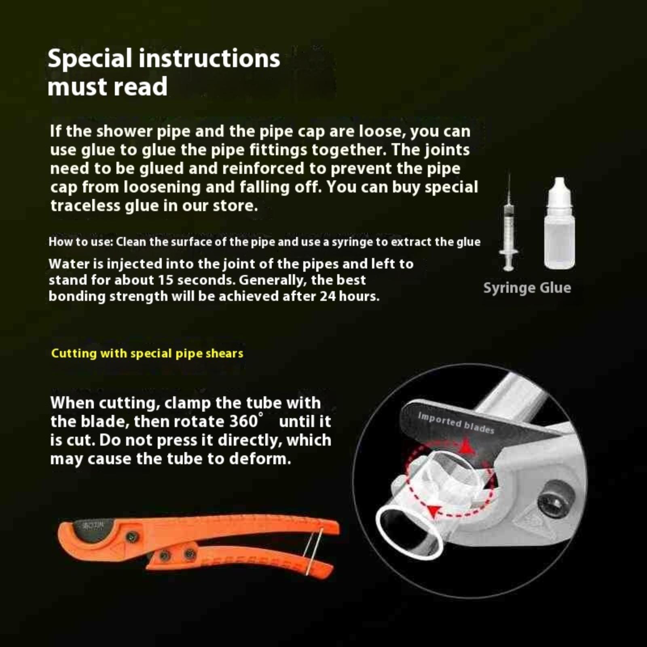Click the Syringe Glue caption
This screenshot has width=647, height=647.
tap(527, 288)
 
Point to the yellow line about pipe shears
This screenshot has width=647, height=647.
tap(147, 353)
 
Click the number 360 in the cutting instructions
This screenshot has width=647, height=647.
tap(244, 421)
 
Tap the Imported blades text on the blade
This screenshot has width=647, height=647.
tap(456, 423)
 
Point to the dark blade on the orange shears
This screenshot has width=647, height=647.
tap(90, 530)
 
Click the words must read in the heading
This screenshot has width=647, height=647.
tap(108, 87)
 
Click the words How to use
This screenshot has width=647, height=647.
tap(80, 242)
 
